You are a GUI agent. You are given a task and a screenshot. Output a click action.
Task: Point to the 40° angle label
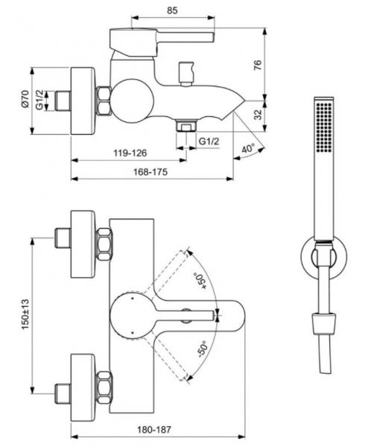(248, 148)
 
